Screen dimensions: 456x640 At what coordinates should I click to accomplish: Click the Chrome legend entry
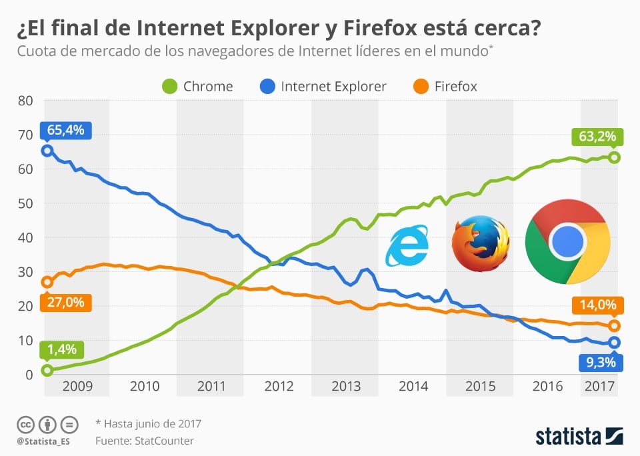click(198, 86)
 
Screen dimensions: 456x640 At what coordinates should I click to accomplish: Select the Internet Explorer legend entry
click(323, 86)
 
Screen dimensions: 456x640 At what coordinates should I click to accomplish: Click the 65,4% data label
click(65, 130)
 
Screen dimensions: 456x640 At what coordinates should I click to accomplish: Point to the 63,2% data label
click(597, 137)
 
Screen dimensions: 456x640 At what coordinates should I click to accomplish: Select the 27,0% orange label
click(65, 302)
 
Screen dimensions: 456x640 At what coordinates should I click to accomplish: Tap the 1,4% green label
click(61, 349)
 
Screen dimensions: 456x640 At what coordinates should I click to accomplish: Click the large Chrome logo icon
click(567, 241)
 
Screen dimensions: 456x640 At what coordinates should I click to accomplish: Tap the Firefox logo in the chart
click(480, 243)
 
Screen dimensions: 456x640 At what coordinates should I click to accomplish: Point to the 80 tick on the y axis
click(25, 101)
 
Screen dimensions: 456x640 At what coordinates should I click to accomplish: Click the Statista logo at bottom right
click(579, 437)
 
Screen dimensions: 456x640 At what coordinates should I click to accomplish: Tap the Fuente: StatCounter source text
click(144, 441)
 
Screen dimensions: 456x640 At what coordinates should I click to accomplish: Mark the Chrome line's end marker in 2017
click(614, 157)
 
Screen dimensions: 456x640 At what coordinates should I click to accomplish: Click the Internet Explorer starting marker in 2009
click(47, 151)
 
